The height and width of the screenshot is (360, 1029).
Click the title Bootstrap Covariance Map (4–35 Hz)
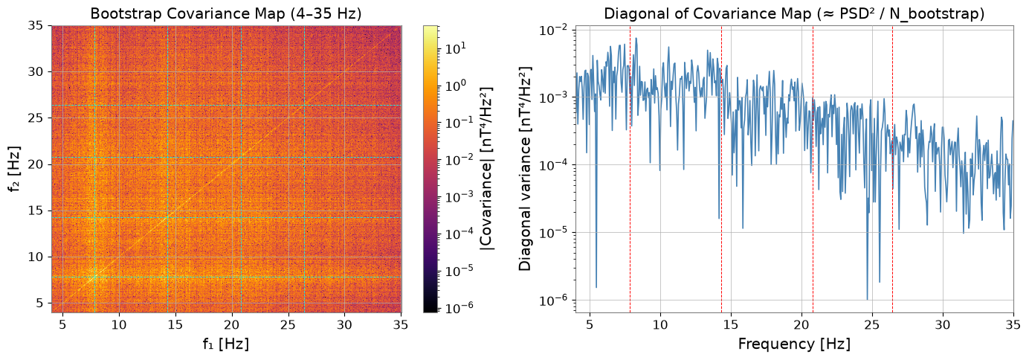[226, 13]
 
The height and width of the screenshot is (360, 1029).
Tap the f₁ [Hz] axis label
[226, 344]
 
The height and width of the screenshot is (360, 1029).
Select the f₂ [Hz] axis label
[15, 169]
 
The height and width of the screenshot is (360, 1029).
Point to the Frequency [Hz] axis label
[794, 344]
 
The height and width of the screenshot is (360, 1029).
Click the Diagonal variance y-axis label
[525, 169]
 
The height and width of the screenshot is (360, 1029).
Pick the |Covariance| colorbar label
[486, 169]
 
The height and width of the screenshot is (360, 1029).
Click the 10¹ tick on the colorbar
[455, 48]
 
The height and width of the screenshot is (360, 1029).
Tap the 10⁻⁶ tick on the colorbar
[457, 308]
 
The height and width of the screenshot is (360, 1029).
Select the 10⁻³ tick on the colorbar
[457, 196]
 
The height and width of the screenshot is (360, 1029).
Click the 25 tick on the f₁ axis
[288, 324]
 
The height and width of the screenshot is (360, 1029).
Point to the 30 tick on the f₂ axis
[36, 71]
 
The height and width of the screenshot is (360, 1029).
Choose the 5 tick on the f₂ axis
[39, 303]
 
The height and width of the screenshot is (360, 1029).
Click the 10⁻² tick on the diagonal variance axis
[555, 30]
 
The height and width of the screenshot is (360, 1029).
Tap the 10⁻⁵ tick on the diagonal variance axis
[555, 233]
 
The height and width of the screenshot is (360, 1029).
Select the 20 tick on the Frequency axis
[801, 324]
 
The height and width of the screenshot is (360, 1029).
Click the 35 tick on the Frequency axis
[1013, 324]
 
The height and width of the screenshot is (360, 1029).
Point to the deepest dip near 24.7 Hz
[868, 299]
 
